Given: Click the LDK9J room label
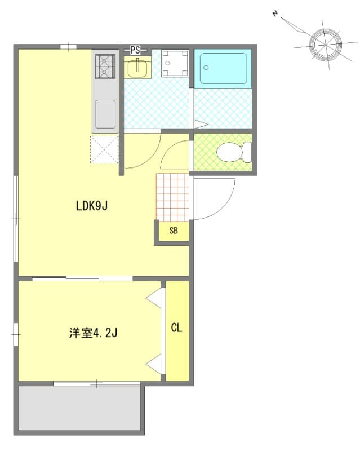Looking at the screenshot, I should pos(92,207).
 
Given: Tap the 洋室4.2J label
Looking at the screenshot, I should pos(93,333).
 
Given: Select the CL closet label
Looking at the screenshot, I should pos(177,328).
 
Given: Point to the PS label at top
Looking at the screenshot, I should pos(135,50).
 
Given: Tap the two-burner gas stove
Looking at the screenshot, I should pos(105,66).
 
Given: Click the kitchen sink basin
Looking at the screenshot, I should pos(105,113).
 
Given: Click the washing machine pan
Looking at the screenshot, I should pos(174,63).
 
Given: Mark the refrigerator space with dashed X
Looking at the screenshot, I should pos(104,149).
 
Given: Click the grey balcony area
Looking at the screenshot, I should pos(79,408).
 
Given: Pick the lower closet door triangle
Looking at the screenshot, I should pos(154,364).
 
